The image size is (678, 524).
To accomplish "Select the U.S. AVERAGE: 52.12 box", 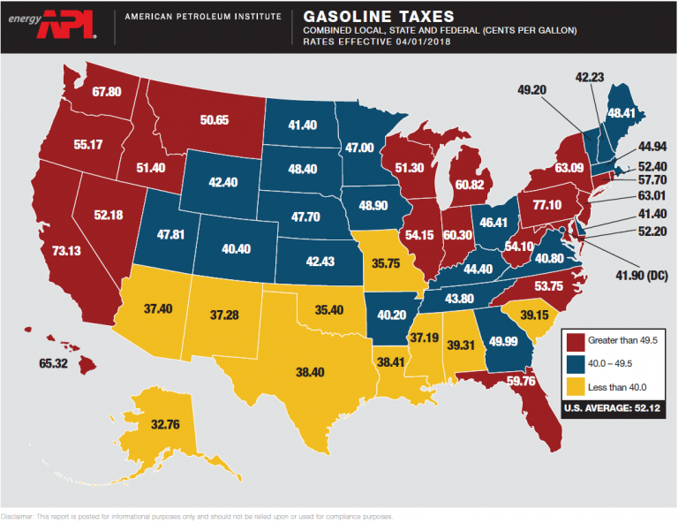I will point(611,409).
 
